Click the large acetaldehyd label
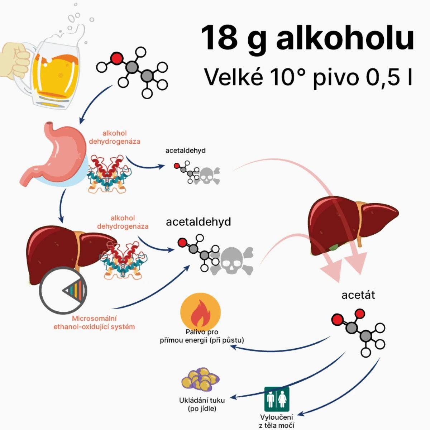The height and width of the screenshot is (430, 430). tap(198, 222)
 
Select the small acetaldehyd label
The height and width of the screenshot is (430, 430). tap(185, 150)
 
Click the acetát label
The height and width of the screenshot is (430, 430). tap(358, 295)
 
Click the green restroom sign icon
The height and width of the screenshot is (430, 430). tap(277, 399)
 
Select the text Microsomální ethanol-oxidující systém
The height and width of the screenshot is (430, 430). tap(94, 322)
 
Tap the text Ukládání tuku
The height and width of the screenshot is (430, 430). tap(202, 401)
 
